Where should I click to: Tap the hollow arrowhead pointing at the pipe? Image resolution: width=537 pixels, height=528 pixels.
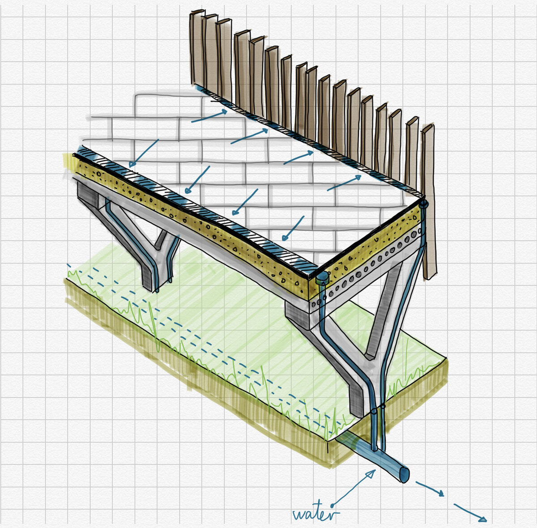coord(371,474)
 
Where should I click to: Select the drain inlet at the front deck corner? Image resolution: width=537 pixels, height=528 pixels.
coord(322,280)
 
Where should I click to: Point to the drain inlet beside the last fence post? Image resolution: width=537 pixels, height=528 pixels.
coord(423,204)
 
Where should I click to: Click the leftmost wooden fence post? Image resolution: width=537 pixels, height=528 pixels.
coord(197,49)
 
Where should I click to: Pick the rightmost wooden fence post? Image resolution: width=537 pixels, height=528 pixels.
coord(428,201)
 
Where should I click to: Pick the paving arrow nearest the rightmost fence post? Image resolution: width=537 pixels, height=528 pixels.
coord(345,183)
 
